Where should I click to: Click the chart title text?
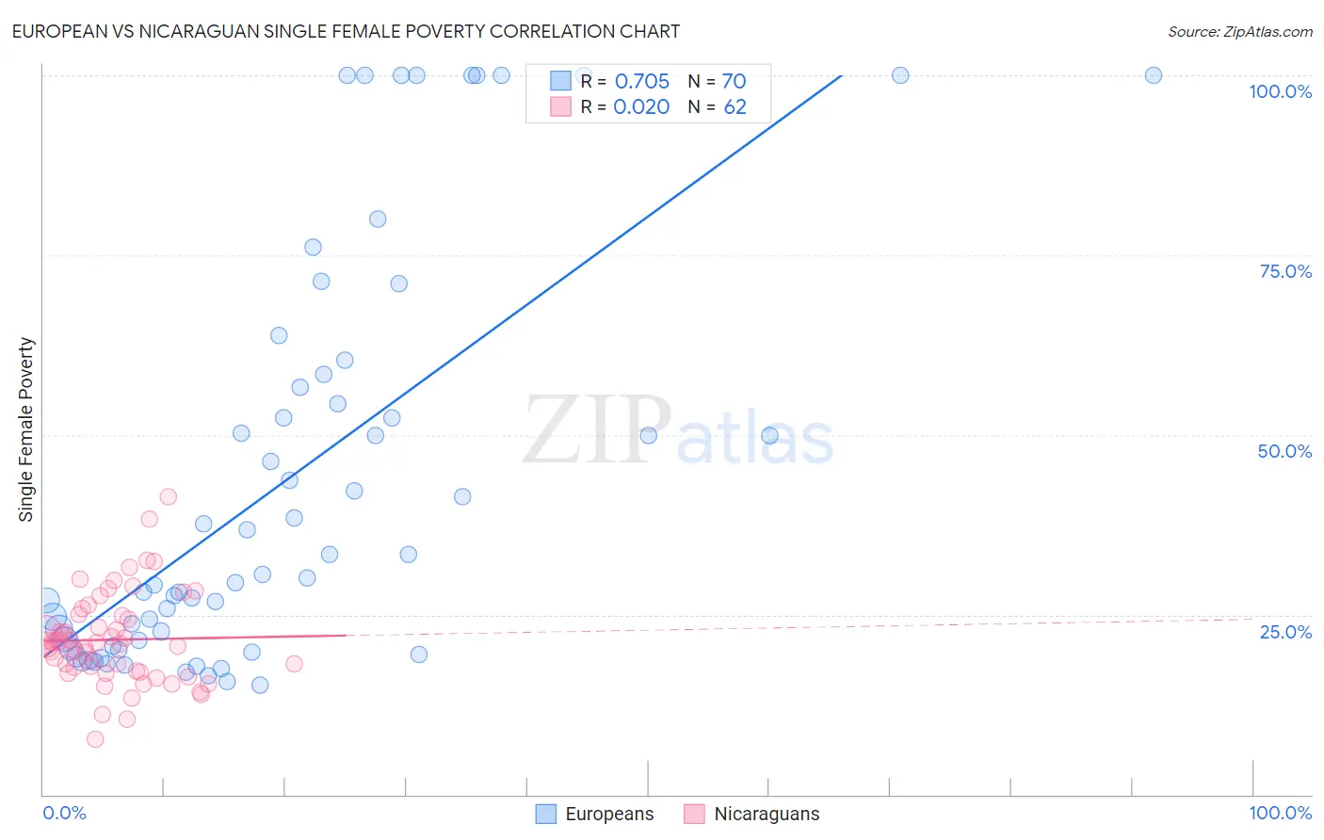click(345, 31)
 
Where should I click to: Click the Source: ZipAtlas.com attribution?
click(1239, 31)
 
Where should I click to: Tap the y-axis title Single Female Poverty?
click(25, 429)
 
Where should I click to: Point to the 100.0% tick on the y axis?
click(1280, 91)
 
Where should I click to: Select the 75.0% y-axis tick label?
click(1285, 271)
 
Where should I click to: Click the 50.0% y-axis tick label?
click(1284, 451)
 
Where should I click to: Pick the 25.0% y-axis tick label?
click(1285, 632)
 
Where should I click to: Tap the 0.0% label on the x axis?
click(64, 813)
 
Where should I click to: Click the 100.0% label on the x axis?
click(1280, 813)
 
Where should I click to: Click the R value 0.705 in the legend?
click(641, 82)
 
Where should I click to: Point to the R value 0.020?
click(641, 107)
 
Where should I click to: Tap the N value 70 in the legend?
click(734, 82)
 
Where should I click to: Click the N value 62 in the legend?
click(735, 107)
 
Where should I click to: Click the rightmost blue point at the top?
click(1153, 75)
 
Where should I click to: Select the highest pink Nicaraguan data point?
click(169, 496)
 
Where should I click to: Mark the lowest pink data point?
click(95, 739)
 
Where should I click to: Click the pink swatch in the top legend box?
click(560, 106)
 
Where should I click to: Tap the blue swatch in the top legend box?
click(560, 81)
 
